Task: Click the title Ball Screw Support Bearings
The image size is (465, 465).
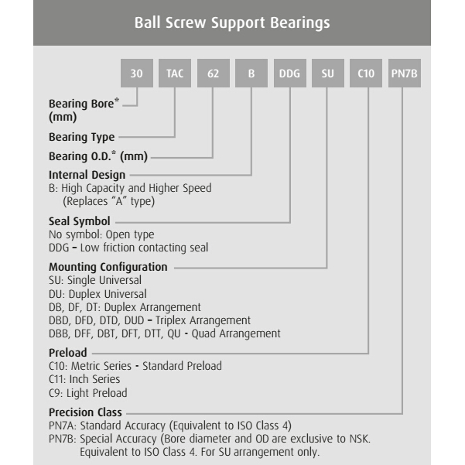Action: click(232, 22)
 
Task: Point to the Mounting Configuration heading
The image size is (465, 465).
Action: click(108, 267)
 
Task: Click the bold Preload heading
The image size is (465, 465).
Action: click(68, 353)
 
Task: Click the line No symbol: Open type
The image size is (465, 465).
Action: click(101, 234)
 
